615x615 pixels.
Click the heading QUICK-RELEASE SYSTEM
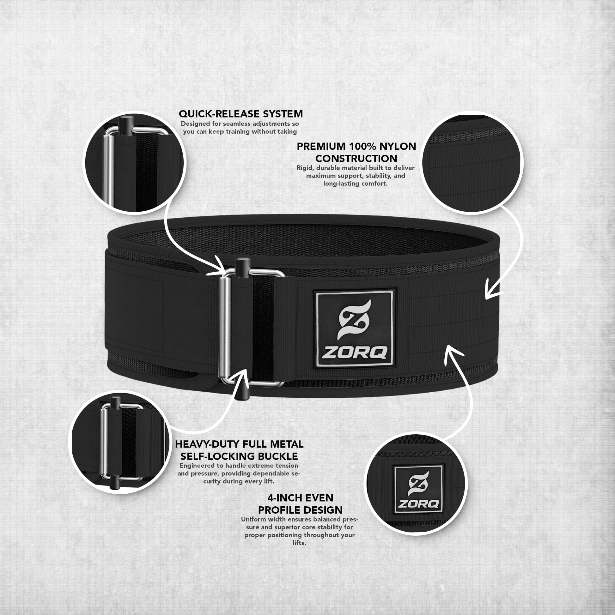[241, 114]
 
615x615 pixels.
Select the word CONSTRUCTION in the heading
[356, 159]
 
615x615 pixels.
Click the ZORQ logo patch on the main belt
[354, 329]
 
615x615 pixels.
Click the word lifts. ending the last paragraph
[299, 543]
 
